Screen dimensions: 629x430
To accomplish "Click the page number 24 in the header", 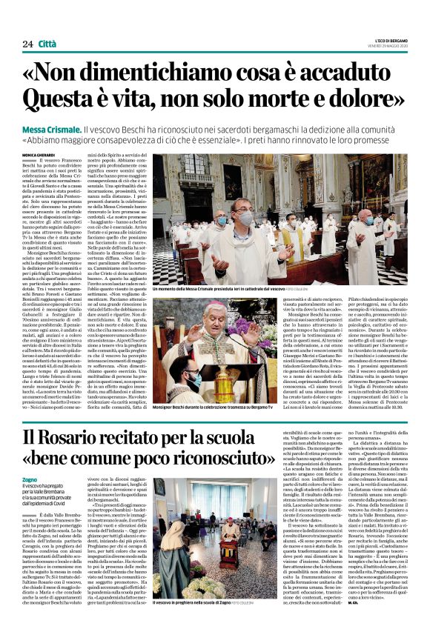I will point(27,44).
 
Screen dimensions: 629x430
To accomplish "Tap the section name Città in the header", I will point(47,44).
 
